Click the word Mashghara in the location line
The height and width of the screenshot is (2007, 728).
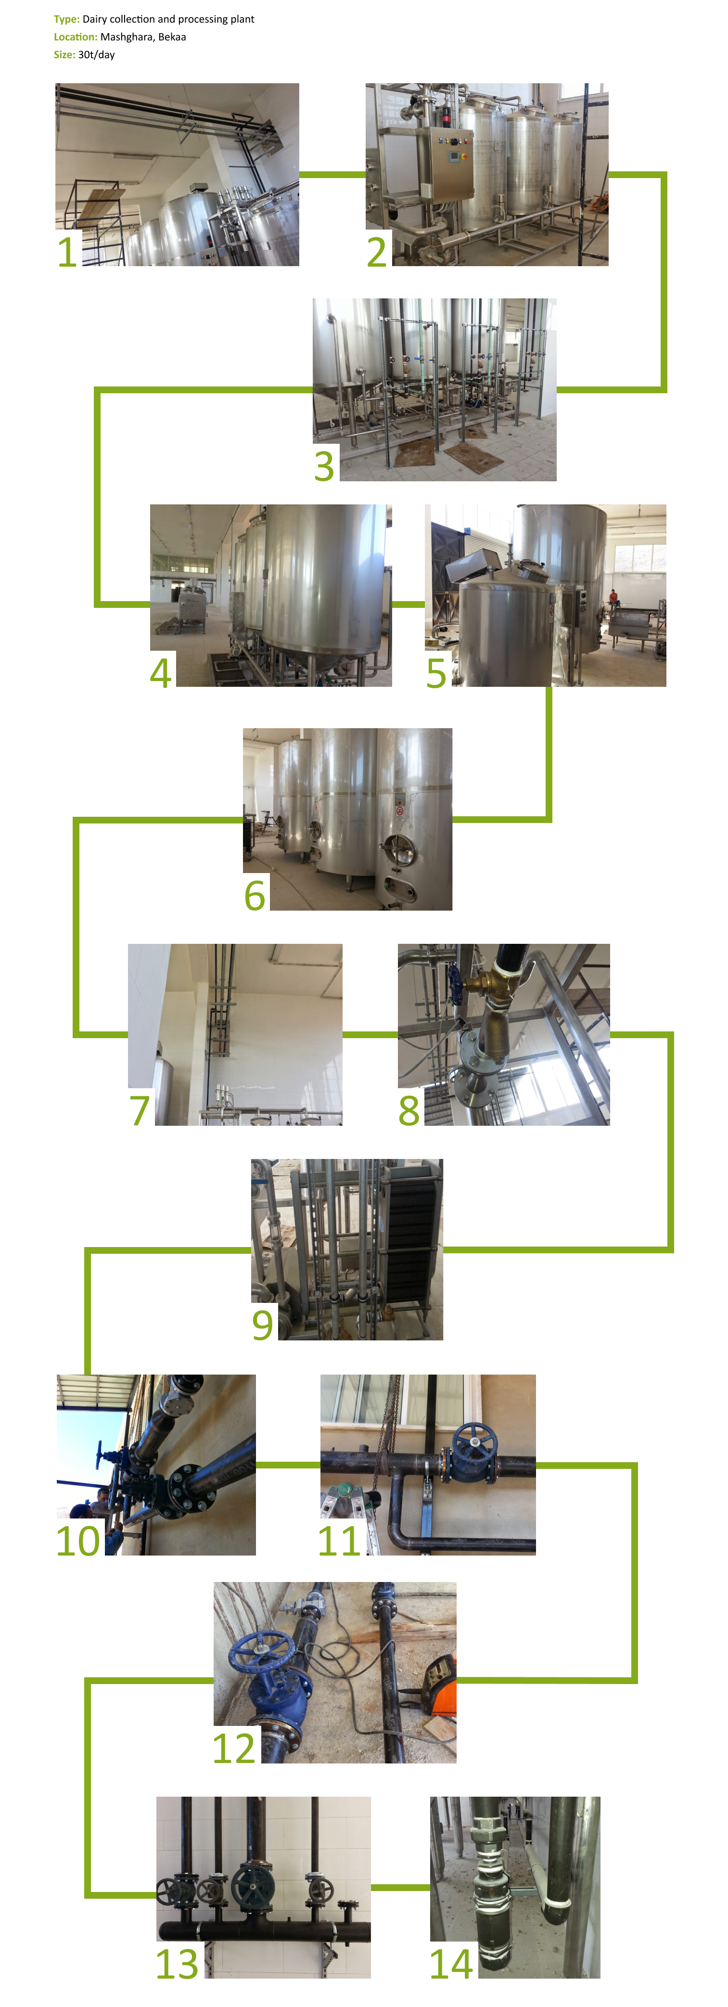pyautogui.click(x=127, y=37)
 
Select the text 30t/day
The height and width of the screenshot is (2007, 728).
pyautogui.click(x=97, y=54)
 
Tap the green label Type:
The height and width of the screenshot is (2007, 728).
pyautogui.click(x=67, y=19)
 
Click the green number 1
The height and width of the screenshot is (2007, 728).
pyautogui.click(x=68, y=252)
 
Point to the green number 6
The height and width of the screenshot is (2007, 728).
pyautogui.click(x=255, y=896)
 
